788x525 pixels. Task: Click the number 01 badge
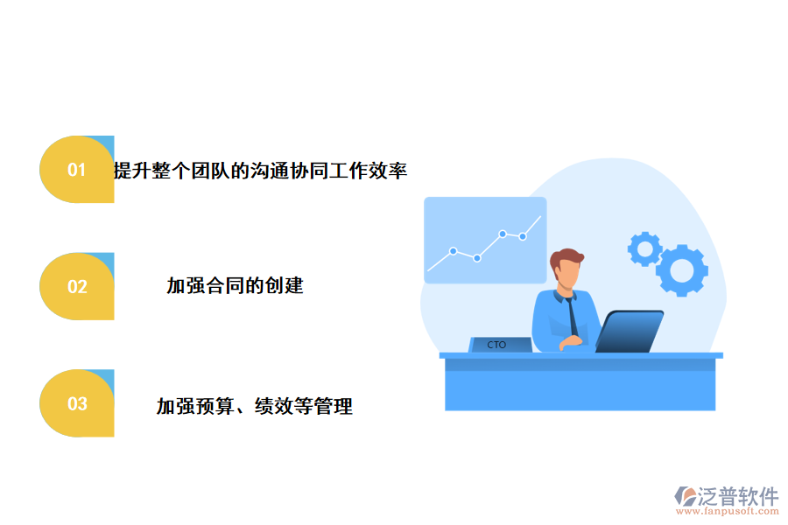point(77,170)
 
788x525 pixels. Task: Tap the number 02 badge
point(77,286)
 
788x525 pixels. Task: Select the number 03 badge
point(77,403)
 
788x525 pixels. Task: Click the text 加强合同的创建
point(235,285)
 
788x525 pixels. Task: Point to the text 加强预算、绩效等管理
point(254,406)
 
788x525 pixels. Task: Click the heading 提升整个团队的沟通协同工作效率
point(260,171)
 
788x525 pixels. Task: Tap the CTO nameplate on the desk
point(497,345)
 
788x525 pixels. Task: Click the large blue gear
point(681,269)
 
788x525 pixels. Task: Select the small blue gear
point(645,248)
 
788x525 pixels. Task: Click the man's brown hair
point(566,258)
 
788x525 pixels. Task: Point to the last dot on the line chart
point(523,236)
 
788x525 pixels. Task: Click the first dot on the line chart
point(453,251)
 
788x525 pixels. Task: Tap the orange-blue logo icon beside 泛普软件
point(684,497)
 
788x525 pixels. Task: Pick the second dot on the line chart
point(477,257)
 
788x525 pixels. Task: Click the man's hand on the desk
point(570,342)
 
